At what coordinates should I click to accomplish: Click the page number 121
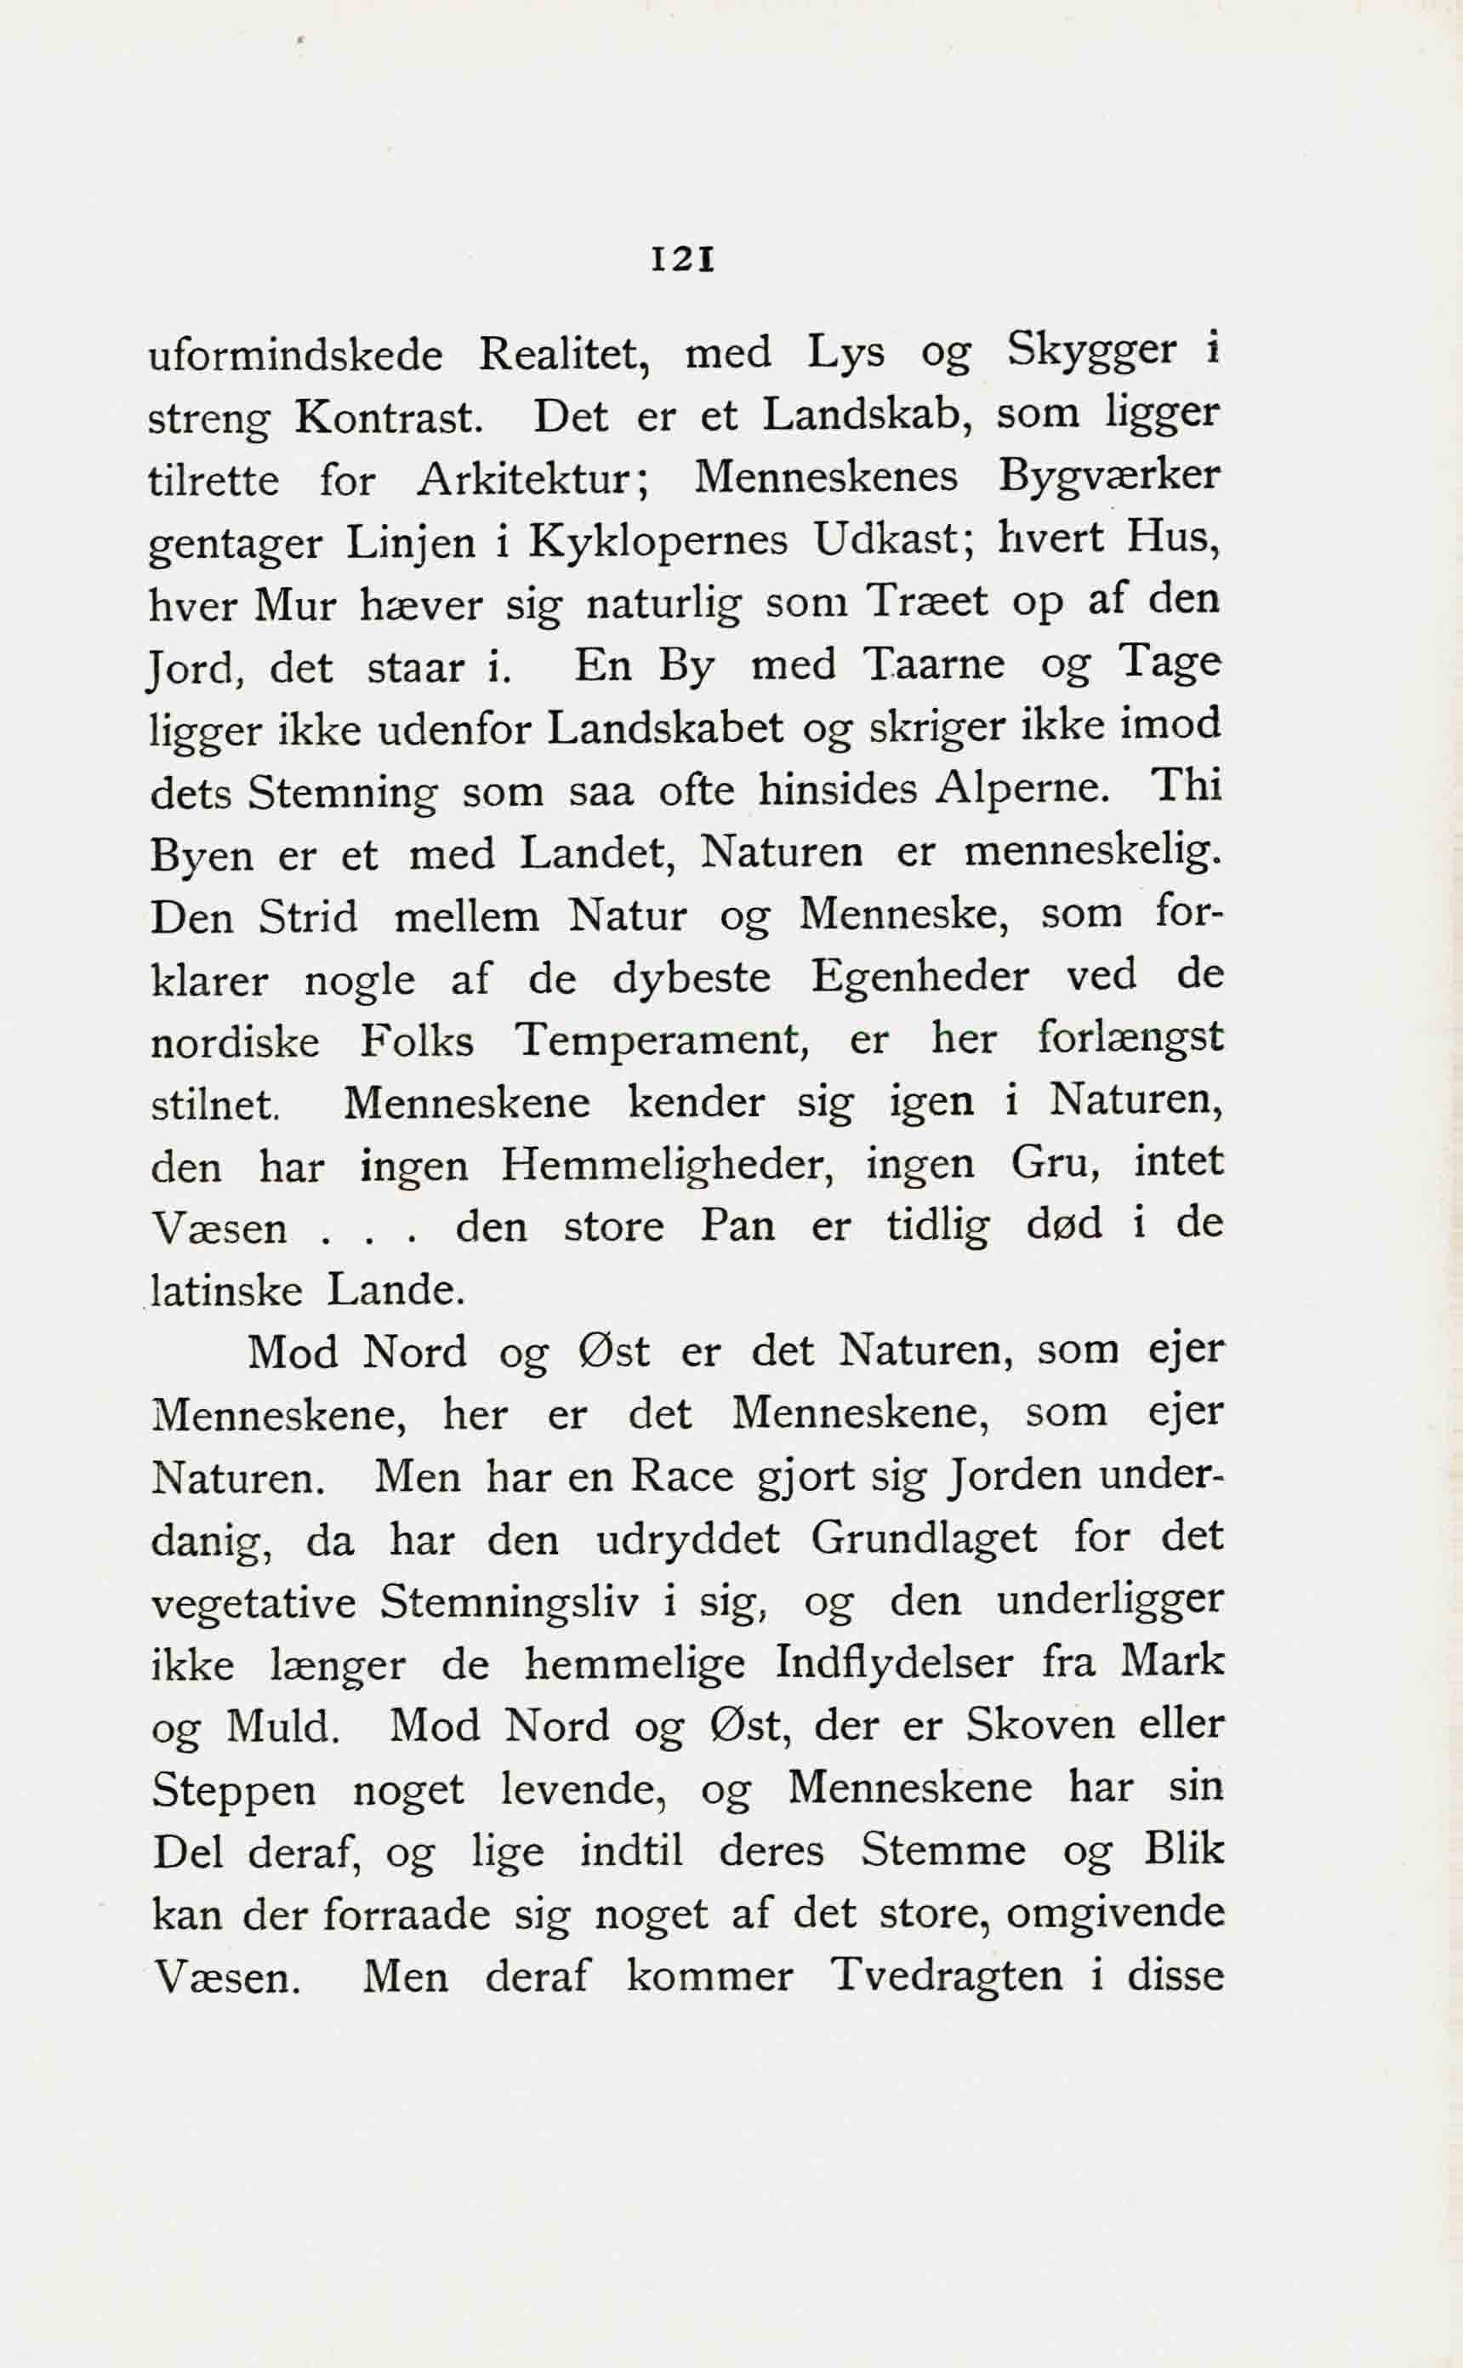[683, 260]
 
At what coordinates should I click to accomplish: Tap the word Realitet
[563, 354]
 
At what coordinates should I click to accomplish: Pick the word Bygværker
[1110, 479]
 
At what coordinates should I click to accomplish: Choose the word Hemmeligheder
[669, 1165]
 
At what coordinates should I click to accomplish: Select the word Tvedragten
[948, 1976]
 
